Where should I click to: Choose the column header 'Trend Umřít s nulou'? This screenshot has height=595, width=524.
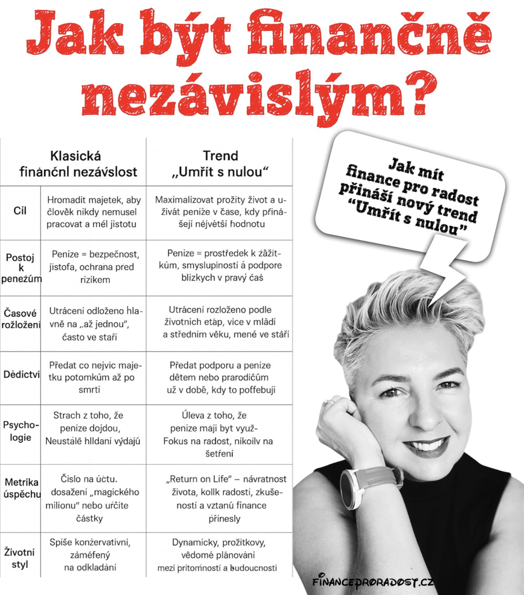coord(220,164)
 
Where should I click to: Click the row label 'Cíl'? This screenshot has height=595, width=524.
coord(20,211)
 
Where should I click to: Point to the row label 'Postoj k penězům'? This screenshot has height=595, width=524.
coord(21,268)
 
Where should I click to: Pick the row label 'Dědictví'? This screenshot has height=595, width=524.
coord(21,374)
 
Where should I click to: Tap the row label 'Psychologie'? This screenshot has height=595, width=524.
coord(21,431)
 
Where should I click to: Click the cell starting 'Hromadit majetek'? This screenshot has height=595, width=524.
coord(93,212)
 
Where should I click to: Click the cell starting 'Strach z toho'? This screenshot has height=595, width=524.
coord(92,428)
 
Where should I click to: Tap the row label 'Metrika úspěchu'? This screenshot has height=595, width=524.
coord(21,488)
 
